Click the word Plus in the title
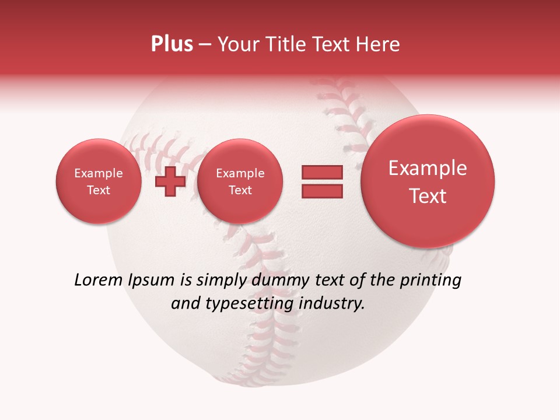tap(171, 44)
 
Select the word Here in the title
tap(379, 44)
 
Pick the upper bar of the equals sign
tap(321, 173)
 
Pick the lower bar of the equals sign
tap(321, 191)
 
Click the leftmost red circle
tap(99, 181)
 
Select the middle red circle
tap(240, 181)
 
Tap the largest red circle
tap(428, 181)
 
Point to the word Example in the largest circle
tap(428, 168)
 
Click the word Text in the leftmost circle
tap(99, 190)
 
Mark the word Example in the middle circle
tap(240, 173)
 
